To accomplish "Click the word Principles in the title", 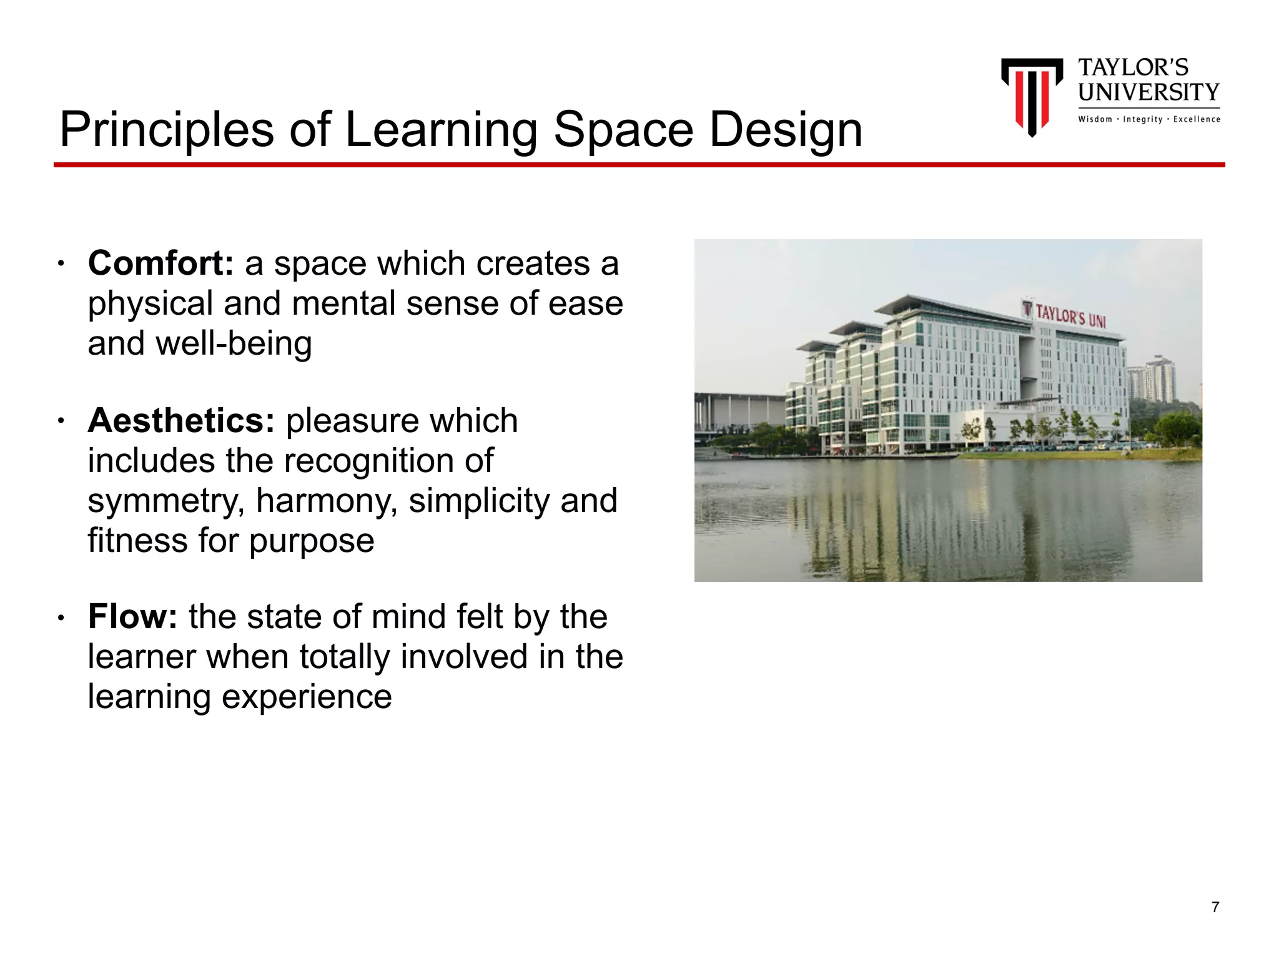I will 167,130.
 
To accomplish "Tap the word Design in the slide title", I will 786,130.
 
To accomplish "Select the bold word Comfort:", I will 160,263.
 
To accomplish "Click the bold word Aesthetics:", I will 181,420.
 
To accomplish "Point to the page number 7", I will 1215,907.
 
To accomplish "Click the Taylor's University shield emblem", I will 1032,96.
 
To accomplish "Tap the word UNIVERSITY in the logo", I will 1148,92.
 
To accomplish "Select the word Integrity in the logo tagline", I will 1143,119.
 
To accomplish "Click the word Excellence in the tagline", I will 1197,119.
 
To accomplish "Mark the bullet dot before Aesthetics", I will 61,421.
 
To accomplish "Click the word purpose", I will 312,541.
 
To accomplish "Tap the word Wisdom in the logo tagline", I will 1095,119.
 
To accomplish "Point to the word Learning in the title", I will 441,130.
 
